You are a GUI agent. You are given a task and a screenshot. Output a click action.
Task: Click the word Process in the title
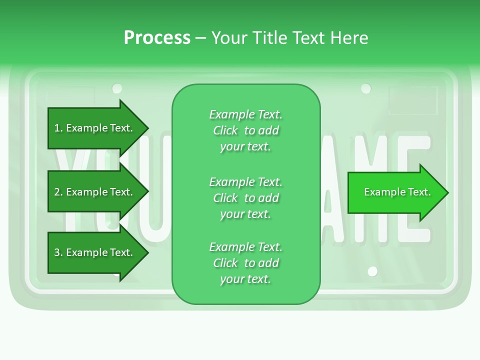pos(157,38)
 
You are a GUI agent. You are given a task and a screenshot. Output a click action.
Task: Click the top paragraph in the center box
pos(245,130)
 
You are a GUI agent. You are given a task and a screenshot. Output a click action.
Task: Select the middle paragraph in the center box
pos(245,197)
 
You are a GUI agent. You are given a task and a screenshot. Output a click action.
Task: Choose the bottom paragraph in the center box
pos(245,263)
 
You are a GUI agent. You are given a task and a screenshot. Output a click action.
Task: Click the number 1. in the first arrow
pos(58,128)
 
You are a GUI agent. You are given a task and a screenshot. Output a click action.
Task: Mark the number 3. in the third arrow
pos(58,252)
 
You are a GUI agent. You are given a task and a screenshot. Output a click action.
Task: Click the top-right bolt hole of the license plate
pos(366,88)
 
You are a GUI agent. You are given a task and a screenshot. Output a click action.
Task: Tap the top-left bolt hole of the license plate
pos(117,88)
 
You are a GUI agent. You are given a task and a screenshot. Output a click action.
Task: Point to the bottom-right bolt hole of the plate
pos(372,271)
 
